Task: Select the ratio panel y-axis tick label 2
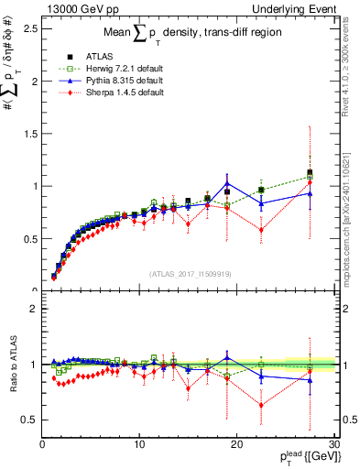tap(32, 309)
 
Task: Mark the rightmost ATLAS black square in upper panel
tap(310, 172)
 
